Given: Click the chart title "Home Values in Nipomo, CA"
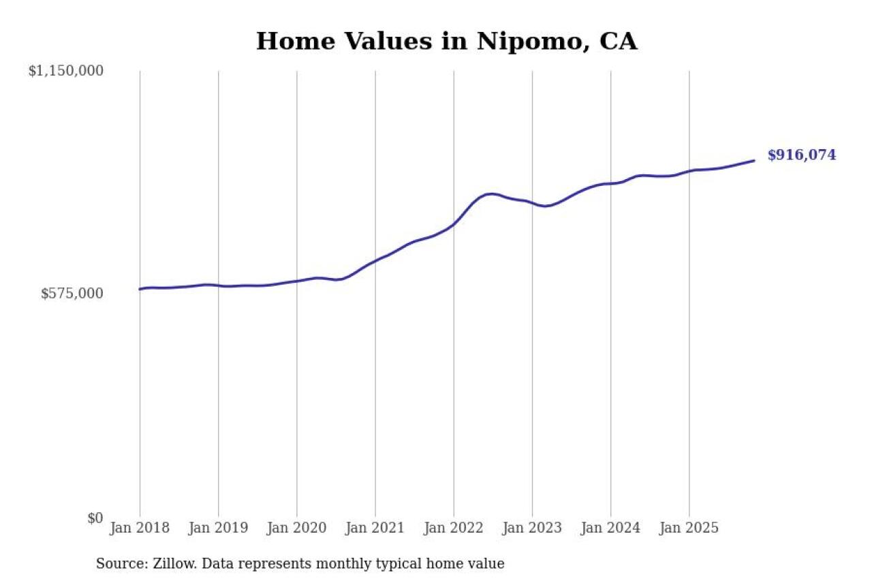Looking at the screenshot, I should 446,42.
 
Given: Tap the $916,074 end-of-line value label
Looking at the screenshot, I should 801,155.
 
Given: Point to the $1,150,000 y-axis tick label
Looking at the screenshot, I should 65,71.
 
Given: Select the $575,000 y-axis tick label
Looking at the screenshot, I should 72,294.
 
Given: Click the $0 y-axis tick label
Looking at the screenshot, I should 95,518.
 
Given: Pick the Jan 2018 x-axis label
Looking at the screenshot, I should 140,528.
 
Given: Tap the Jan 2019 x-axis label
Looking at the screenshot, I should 218,528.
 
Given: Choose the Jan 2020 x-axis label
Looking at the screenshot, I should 296,528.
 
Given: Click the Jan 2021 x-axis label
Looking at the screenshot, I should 375,528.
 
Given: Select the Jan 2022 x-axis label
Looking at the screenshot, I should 454,528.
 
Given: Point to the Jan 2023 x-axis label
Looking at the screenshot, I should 532,528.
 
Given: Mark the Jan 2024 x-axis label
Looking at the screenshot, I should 610,528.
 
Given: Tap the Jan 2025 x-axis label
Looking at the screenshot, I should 689,528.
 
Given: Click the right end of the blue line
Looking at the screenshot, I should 754,161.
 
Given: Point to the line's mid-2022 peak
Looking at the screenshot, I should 492,194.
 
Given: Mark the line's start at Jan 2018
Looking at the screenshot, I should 140,289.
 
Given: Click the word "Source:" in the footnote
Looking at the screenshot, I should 118,564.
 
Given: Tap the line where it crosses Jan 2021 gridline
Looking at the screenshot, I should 375,260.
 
